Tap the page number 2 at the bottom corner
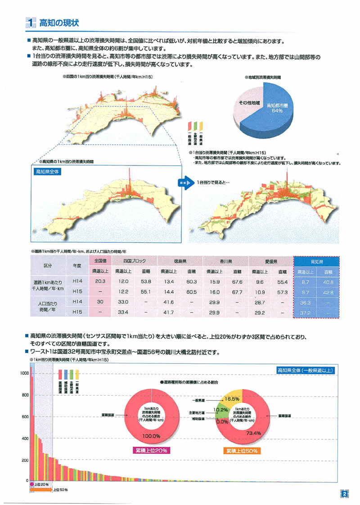(344, 494)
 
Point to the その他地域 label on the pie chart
(249, 103)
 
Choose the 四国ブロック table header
(134, 261)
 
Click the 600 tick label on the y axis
(24, 416)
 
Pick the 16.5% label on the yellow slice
(233, 399)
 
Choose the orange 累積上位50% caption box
(243, 450)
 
